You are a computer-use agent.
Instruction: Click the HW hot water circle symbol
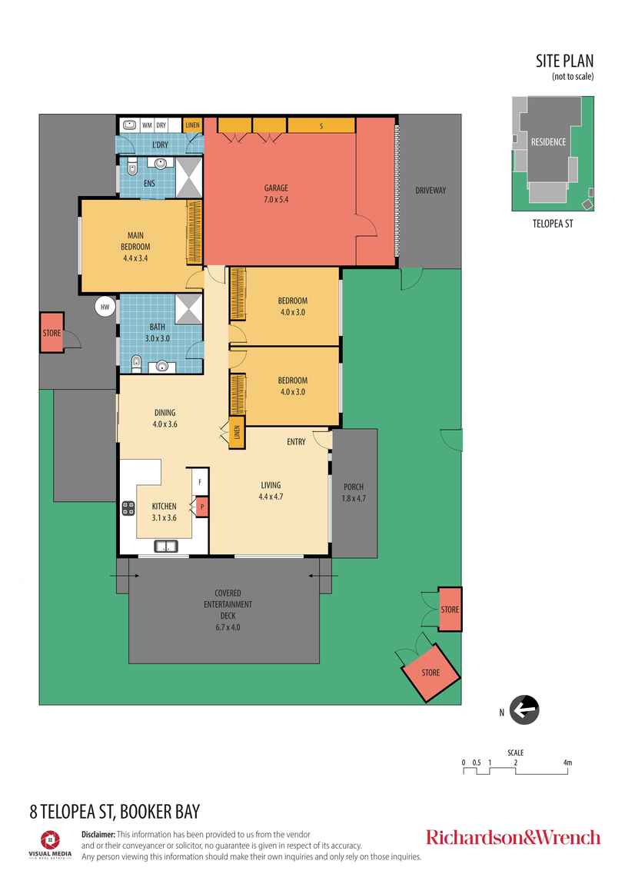pyautogui.click(x=104, y=307)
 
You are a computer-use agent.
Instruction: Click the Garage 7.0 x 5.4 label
pyautogui.click(x=276, y=193)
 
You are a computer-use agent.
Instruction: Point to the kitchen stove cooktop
pyautogui.click(x=128, y=507)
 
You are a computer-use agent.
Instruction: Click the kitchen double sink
pyautogui.click(x=165, y=547)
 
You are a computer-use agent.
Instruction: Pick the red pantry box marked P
pyautogui.click(x=201, y=507)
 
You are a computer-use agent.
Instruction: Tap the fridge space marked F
pyautogui.click(x=200, y=481)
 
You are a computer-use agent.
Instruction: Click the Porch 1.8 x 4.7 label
pyautogui.click(x=354, y=492)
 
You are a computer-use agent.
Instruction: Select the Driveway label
pyautogui.click(x=430, y=190)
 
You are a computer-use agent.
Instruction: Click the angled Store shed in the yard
pyautogui.click(x=430, y=672)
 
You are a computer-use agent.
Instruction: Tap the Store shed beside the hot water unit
pyautogui.click(x=52, y=333)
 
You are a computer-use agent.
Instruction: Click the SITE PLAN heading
pyautogui.click(x=564, y=61)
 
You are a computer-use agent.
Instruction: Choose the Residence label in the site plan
pyautogui.click(x=548, y=141)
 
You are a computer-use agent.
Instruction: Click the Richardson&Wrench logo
pyautogui.click(x=513, y=837)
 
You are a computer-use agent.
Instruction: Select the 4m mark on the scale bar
pyautogui.click(x=567, y=763)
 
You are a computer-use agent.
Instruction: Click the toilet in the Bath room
pyautogui.click(x=137, y=362)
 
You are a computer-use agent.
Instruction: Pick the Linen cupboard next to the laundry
pyautogui.click(x=192, y=125)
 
